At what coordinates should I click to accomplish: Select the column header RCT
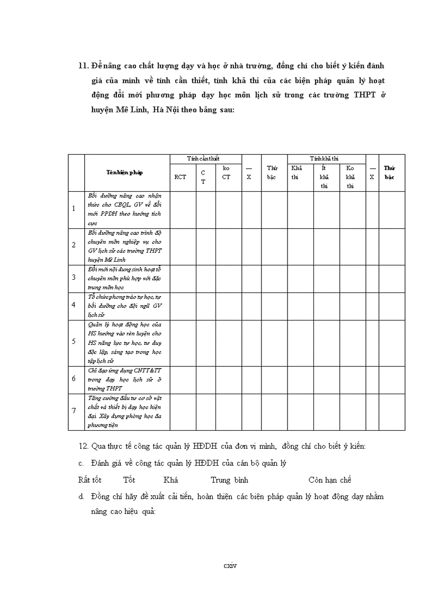180,177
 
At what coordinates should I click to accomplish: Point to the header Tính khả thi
324,158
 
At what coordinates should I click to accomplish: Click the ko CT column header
226,173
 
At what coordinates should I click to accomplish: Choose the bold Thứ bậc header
389,172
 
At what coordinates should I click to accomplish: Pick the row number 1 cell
74,209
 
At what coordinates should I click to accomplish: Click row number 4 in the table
74,305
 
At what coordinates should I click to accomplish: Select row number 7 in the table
74,411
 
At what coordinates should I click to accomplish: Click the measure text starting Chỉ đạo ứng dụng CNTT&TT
124,379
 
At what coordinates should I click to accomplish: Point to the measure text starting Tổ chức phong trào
124,305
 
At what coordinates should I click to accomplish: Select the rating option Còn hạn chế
330,480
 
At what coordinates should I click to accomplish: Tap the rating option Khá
170,480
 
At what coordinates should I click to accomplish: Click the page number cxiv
230,565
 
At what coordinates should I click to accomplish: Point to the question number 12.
83,446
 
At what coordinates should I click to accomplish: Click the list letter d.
81,497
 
